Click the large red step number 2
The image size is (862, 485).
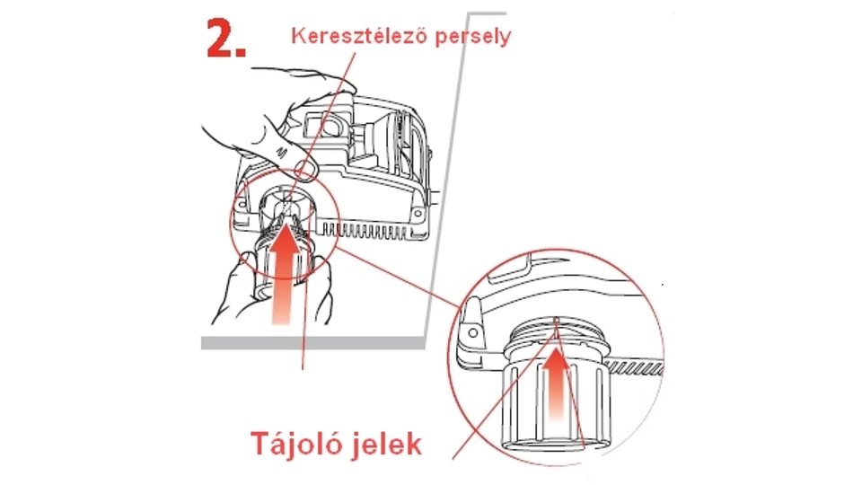click(225, 39)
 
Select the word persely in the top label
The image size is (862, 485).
click(473, 37)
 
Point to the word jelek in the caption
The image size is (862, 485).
click(387, 443)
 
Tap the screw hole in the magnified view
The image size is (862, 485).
click(473, 333)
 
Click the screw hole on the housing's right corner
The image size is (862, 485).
click(418, 213)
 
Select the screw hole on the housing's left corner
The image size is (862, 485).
click(242, 205)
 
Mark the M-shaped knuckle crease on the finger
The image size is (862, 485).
click(282, 152)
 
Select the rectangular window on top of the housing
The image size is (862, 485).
click(325, 127)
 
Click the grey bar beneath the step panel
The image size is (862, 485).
click(313, 342)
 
